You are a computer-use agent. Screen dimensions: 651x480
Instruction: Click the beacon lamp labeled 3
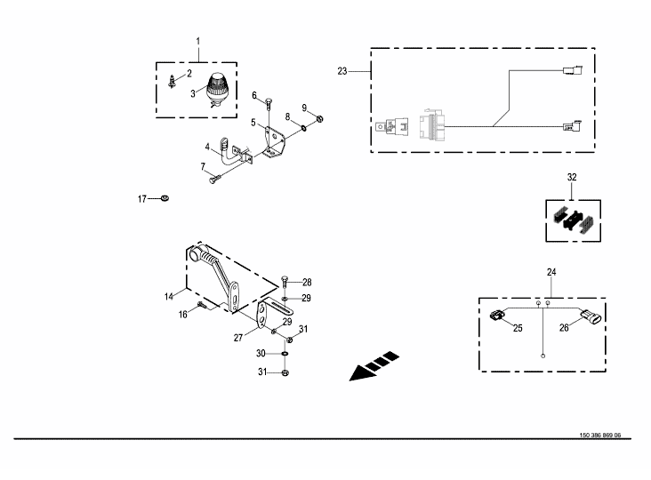coord(218,90)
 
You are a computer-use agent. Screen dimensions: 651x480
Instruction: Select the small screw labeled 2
coord(172,81)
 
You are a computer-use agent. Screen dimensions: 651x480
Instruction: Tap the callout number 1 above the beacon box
coord(198,42)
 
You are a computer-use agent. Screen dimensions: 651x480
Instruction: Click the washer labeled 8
coord(304,127)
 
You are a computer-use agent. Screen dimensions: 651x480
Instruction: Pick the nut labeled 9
coord(319,119)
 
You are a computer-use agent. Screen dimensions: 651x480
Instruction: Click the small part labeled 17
coord(165,198)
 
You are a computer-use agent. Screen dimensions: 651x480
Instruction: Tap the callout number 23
coord(342,71)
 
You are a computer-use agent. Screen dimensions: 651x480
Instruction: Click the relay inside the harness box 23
coord(392,126)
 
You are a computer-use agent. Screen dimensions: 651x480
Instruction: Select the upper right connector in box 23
coord(573,69)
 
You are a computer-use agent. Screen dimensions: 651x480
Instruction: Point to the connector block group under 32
coord(574,220)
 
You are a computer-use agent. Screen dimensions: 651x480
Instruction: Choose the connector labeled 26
coord(591,317)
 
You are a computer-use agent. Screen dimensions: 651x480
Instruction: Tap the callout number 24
coord(551,272)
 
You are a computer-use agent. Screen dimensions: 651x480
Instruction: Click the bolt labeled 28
coord(285,282)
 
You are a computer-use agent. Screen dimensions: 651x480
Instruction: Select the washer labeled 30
coord(285,354)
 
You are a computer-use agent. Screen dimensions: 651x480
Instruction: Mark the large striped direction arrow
coord(374,366)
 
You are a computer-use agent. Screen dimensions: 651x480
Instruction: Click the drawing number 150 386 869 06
coord(600,436)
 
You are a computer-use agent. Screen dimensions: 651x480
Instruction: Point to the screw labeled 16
coord(202,305)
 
